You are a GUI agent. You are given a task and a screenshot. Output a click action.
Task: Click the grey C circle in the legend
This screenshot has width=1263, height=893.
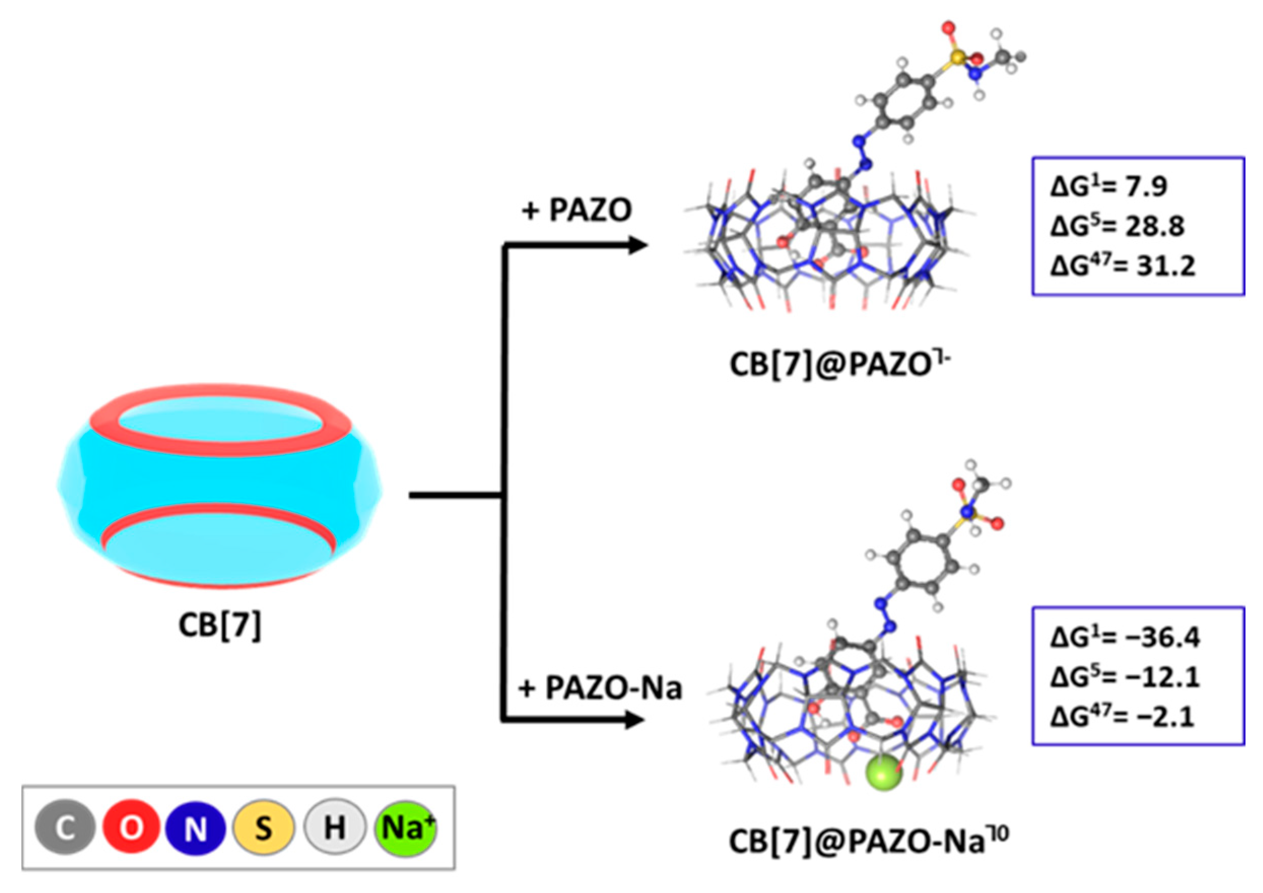pos(64,828)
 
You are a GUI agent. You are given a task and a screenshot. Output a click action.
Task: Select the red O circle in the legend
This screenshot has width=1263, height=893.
pos(131,828)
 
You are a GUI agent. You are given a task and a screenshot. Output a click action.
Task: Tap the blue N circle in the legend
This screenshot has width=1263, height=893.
pos(195,828)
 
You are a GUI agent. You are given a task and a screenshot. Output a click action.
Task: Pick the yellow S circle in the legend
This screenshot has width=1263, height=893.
pos(263,828)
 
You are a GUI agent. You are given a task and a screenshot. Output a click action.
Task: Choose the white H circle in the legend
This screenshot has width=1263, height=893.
pos(334,828)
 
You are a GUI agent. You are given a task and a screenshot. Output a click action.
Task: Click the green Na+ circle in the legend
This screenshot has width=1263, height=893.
pos(406,828)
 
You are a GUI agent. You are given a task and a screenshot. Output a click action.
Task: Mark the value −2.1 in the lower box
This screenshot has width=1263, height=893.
pos(1160,717)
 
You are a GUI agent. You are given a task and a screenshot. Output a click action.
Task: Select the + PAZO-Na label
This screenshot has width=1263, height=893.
pos(600,689)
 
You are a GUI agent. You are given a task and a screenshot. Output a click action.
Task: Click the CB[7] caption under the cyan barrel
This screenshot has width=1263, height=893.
pos(220,625)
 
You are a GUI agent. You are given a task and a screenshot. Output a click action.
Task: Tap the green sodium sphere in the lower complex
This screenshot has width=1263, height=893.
pos(884,773)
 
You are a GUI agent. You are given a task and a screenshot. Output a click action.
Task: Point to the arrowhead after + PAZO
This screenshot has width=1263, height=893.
pos(638,245)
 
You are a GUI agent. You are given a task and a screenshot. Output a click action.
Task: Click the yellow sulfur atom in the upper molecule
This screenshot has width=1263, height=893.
pos(958,56)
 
